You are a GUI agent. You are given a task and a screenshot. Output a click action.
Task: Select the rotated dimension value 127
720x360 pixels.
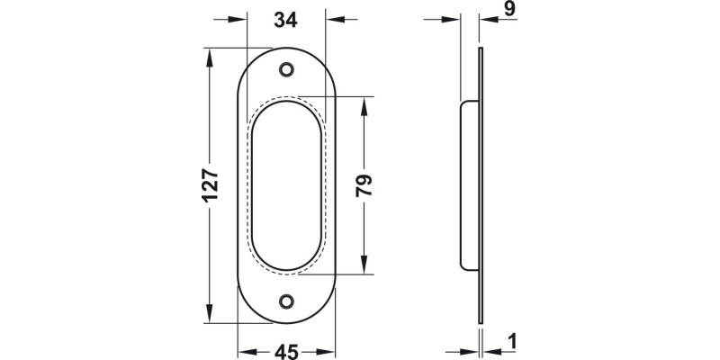(x=209, y=186)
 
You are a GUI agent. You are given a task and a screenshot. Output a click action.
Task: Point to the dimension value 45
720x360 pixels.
(x=286, y=351)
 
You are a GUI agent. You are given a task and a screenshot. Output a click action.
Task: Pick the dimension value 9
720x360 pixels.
(x=508, y=10)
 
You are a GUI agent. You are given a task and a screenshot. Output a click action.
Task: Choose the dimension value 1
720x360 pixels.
(x=511, y=342)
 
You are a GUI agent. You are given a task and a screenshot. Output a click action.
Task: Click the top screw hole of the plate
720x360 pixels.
(x=287, y=69)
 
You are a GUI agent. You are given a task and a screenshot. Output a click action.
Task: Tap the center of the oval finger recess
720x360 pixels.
(x=287, y=185)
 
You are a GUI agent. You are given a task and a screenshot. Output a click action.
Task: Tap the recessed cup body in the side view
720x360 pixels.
(x=470, y=185)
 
